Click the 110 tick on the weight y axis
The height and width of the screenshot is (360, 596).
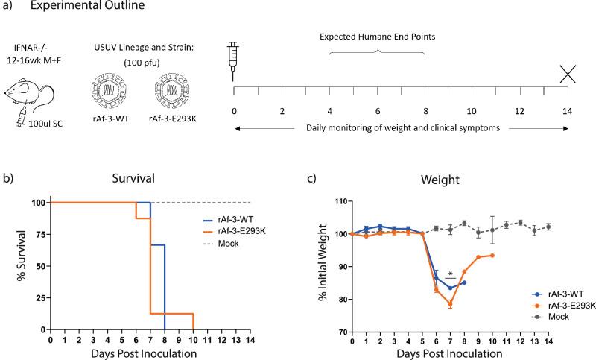pos(342,201)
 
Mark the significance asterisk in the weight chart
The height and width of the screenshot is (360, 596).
pos(451,274)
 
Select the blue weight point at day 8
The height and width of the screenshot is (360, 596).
pos(464,282)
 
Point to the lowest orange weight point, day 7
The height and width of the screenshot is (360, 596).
pos(450,303)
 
